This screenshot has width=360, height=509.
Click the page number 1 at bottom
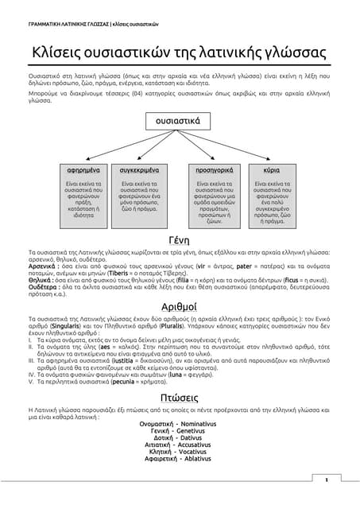[326, 480]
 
